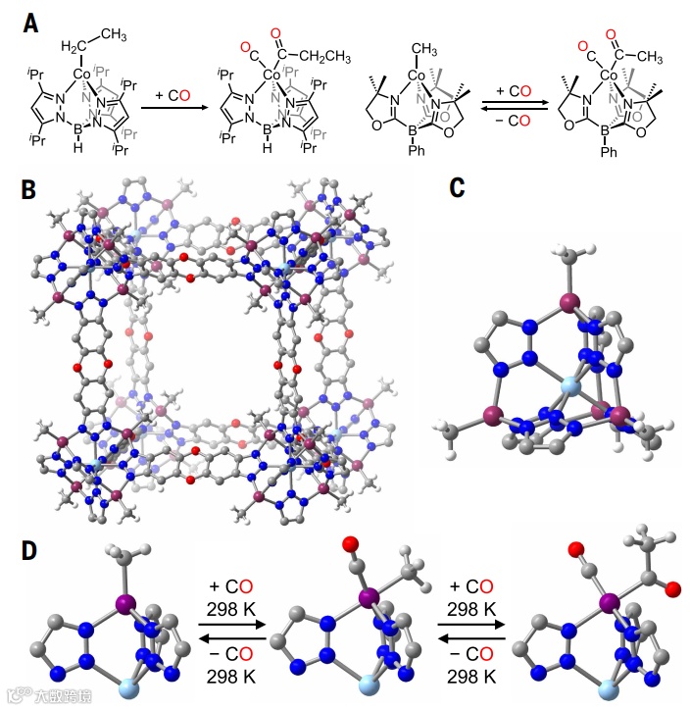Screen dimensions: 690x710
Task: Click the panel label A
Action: click(31, 20)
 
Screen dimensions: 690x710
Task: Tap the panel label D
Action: click(33, 551)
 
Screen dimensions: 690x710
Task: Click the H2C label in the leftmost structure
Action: click(74, 48)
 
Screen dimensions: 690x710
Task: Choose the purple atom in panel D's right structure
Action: click(608, 599)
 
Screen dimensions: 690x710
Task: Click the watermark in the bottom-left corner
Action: click(50, 692)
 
